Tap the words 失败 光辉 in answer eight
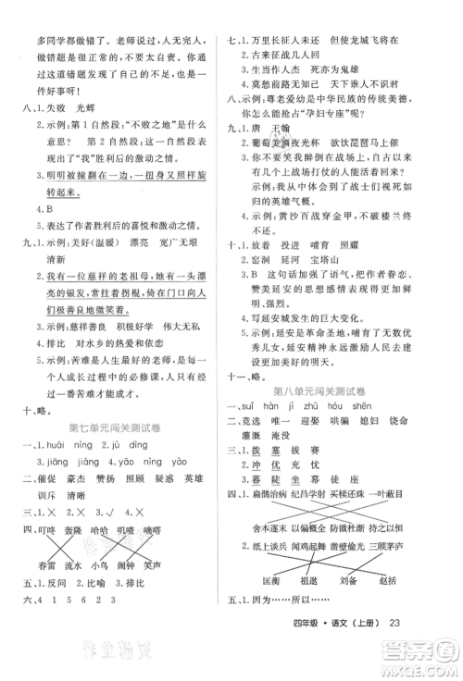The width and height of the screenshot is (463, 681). (63, 107)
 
